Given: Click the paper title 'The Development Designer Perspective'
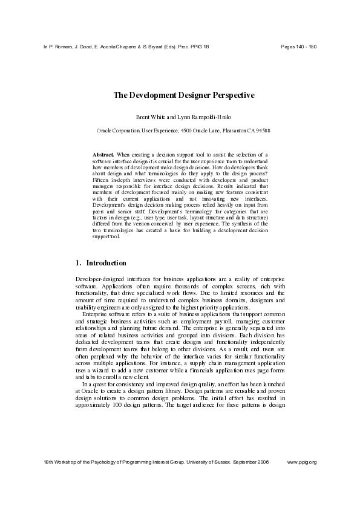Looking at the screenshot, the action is point(183,95).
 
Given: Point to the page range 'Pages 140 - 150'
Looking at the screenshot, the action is point(299,47).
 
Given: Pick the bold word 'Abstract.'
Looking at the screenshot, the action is point(103,155).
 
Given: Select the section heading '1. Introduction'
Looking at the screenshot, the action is point(100,263).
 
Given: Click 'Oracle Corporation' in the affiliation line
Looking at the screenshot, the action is point(118,130).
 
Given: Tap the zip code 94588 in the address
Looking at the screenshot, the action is point(263,130).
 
